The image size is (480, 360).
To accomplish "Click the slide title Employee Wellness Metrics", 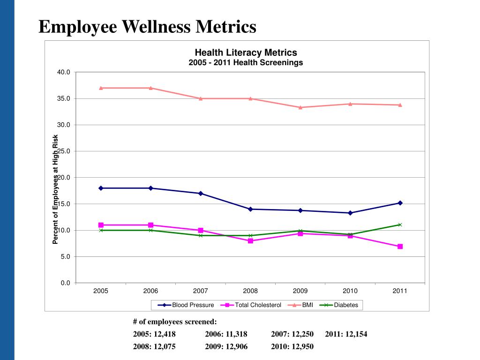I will click(147, 26).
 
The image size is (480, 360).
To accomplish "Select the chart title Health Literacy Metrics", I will click(246, 52).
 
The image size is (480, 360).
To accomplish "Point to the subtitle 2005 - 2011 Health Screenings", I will click(246, 62).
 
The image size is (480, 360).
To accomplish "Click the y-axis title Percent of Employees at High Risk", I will click(55, 189).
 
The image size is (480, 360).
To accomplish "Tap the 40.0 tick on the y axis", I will click(64, 72).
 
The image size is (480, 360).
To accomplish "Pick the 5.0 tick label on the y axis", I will click(65, 257).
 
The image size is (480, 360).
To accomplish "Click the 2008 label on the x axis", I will click(250, 291).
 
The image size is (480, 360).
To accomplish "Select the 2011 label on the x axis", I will click(400, 291).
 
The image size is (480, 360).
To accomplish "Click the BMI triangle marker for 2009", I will click(300, 107).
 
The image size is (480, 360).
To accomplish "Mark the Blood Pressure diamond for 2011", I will click(400, 203).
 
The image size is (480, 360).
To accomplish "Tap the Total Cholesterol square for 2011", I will click(400, 246).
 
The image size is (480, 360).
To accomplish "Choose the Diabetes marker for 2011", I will click(400, 225).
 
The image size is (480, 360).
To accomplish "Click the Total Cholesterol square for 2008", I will click(250, 241).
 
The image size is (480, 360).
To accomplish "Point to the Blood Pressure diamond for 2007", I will click(201, 193).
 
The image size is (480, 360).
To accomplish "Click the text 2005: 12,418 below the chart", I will click(155, 334).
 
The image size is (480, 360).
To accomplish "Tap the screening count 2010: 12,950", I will click(292, 346).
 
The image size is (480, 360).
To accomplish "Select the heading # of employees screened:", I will click(175, 322).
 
